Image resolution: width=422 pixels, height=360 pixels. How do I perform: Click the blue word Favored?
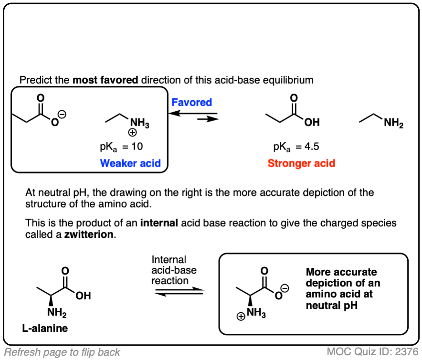(x=191, y=102)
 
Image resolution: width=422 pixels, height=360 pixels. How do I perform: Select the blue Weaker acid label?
(x=130, y=163)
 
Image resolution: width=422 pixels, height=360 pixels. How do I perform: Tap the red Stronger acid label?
(x=301, y=163)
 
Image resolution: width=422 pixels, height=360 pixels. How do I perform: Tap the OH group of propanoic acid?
(x=312, y=123)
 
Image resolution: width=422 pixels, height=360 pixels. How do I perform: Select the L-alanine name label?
(x=44, y=328)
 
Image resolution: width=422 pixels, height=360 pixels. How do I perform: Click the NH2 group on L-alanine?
(x=57, y=314)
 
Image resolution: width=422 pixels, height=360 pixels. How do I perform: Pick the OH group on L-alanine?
(x=83, y=296)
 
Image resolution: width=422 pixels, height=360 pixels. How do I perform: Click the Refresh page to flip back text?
(x=62, y=352)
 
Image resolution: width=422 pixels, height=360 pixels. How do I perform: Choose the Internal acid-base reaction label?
(x=174, y=270)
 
